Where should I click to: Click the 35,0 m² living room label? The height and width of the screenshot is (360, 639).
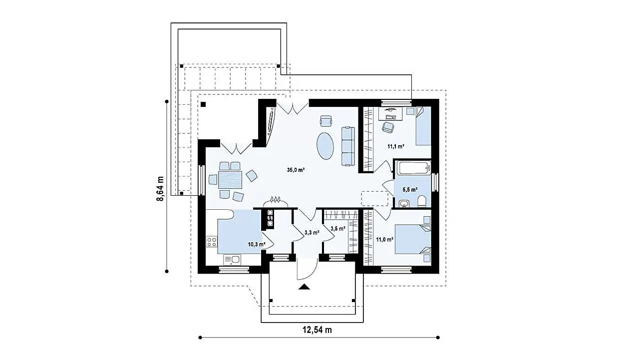point(296,170)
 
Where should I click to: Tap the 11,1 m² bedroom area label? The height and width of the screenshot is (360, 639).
point(396,147)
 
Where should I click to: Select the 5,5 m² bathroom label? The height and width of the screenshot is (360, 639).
point(410,189)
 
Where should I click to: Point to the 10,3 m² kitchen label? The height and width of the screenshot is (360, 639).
point(257,244)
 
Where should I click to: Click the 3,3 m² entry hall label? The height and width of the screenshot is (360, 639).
point(312,233)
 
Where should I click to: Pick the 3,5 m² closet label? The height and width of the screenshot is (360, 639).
point(338,228)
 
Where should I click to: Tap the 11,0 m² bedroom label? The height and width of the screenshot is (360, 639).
point(385,239)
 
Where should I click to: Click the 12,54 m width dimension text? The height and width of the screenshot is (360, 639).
point(317,330)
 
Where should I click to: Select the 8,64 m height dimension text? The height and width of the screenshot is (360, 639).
point(160,189)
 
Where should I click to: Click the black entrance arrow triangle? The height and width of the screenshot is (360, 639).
point(304,287)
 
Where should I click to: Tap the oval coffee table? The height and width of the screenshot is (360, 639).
point(325,146)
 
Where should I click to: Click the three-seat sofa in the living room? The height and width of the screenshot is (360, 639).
point(348,146)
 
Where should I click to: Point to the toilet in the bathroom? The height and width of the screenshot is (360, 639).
point(422,201)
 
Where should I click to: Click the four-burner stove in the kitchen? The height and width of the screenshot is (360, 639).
point(212,242)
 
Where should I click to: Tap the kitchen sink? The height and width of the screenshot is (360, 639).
point(232,260)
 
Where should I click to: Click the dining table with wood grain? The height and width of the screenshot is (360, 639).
point(230,180)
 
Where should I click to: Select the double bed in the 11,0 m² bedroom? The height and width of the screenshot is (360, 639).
point(413,239)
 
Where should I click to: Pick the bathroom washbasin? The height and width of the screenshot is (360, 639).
point(404,203)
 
